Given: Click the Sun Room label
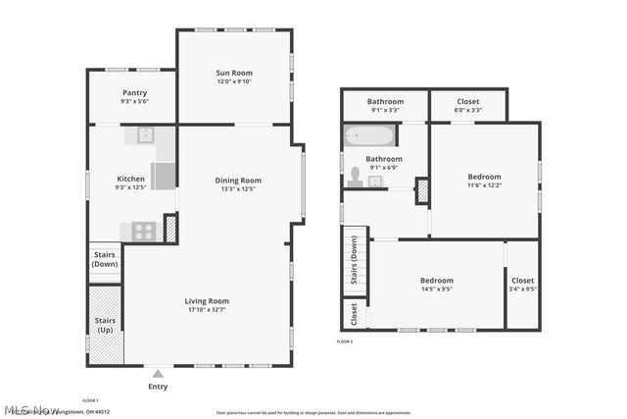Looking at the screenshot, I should coord(235,74).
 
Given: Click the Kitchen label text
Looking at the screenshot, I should coord(130,179).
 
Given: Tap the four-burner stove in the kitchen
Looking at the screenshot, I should coord(143,232).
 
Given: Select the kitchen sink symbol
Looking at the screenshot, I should coord(144,134).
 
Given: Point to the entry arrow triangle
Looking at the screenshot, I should coord(157,373).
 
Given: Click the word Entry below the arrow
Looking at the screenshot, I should coord(157,387).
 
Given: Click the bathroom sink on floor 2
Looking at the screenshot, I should coord(375,182).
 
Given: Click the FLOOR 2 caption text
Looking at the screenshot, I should coord(345,341).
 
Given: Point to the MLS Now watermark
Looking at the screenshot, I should coord(31,410).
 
